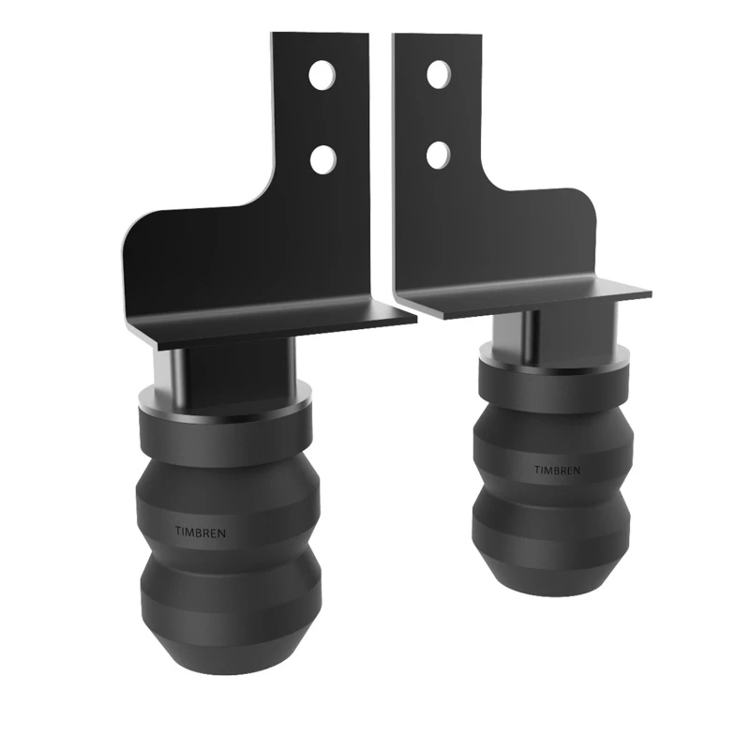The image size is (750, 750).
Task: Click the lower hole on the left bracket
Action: [321, 158]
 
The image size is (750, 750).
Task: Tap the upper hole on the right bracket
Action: [438, 74]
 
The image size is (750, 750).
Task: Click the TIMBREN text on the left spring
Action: [200, 532]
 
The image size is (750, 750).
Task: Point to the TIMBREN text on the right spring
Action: [559, 469]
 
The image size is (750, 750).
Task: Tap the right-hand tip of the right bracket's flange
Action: [648, 292]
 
